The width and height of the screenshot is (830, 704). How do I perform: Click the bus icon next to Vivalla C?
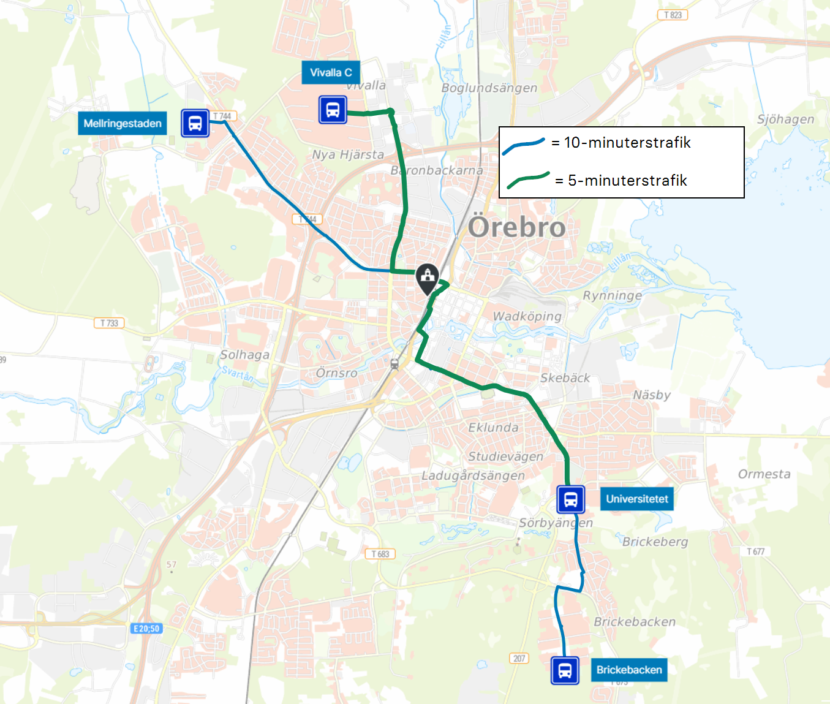click(x=333, y=110)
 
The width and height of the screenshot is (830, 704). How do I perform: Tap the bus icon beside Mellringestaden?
click(x=195, y=123)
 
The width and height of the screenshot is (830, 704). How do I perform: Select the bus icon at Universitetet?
click(x=570, y=499)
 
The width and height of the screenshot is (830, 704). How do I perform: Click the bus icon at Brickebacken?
click(x=565, y=670)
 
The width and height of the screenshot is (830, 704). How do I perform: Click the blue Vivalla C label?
click(x=331, y=72)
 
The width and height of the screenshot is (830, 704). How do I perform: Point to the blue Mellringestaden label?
click(x=123, y=123)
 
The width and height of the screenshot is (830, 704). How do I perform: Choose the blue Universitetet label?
click(x=636, y=499)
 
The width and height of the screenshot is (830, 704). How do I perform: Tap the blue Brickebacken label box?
click(x=629, y=670)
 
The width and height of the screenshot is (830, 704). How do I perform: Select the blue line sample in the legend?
click(x=523, y=146)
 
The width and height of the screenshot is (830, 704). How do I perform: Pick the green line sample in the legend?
click(x=527, y=180)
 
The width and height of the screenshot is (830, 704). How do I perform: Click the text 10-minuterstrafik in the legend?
click(x=627, y=143)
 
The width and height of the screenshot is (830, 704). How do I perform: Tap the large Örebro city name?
click(x=516, y=227)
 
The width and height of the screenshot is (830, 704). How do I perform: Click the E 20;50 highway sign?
click(x=146, y=629)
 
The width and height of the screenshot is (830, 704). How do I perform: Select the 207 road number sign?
click(x=519, y=658)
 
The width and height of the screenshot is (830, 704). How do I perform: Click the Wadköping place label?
click(x=527, y=316)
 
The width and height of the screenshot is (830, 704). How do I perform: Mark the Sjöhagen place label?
click(x=785, y=119)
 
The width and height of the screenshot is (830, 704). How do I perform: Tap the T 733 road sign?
click(x=109, y=323)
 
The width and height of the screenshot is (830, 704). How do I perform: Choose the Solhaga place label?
click(x=244, y=355)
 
